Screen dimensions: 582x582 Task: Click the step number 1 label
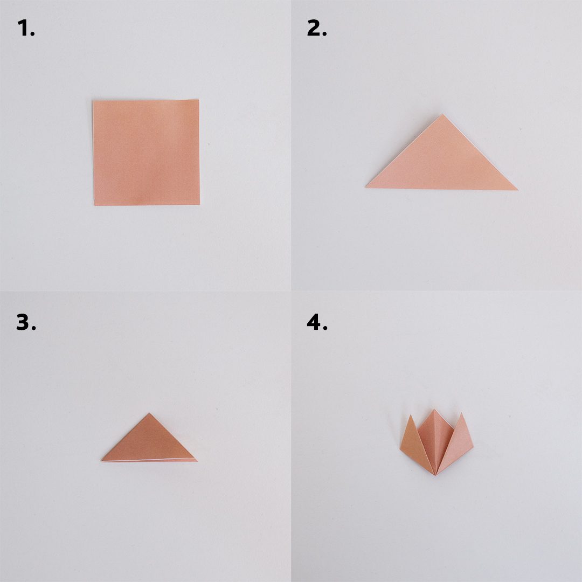click(x=26, y=28)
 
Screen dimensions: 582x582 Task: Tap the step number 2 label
click(x=317, y=28)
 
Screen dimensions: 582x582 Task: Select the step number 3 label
click(x=26, y=322)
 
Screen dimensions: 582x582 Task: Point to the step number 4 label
click(x=317, y=322)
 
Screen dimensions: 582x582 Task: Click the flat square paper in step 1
click(x=146, y=152)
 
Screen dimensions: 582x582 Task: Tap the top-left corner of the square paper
click(x=93, y=101)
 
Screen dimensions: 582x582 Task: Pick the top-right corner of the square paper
click(x=198, y=100)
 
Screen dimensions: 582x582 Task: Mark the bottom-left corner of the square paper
click(x=94, y=205)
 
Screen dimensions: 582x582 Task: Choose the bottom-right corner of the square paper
click(x=200, y=204)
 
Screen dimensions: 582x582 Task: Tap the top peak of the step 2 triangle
click(x=442, y=115)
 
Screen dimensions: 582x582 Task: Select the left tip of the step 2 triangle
click(x=366, y=187)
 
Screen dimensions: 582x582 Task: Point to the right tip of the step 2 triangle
click(x=517, y=190)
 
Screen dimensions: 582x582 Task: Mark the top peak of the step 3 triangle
click(x=149, y=413)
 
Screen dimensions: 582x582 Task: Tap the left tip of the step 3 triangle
click(x=102, y=461)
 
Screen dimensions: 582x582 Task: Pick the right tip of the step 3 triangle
click(x=197, y=461)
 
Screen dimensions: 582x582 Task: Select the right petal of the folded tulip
click(x=458, y=442)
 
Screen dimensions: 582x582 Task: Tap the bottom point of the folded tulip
click(x=435, y=475)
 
